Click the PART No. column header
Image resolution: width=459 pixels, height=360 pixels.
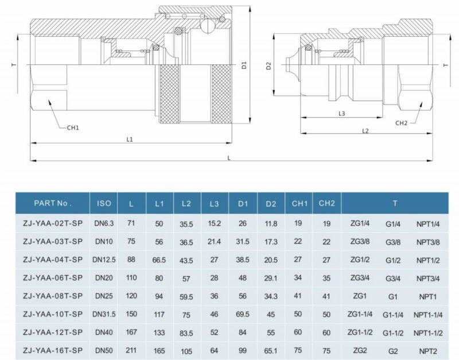[x=52, y=203]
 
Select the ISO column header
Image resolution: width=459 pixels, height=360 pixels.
[x=104, y=203]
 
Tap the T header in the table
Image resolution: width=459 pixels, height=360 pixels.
[x=395, y=203]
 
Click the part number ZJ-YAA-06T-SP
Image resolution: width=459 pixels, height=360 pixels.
[x=52, y=277]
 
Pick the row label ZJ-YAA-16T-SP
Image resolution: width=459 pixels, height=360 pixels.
[x=52, y=350]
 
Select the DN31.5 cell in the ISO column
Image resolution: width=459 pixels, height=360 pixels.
[x=104, y=313]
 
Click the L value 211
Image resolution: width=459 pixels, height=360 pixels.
[x=131, y=350]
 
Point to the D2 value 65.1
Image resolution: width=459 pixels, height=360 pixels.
[x=271, y=350]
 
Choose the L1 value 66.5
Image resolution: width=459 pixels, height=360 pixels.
[x=159, y=260]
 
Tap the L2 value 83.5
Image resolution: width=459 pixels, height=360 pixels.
[x=186, y=332]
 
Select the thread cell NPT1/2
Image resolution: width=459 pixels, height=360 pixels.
[x=427, y=260]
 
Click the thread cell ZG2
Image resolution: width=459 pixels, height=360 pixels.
[x=360, y=350]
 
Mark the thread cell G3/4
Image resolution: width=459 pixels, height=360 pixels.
[x=394, y=277]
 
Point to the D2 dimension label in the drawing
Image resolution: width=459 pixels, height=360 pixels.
[x=268, y=66]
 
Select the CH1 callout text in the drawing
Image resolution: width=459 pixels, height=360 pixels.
[x=73, y=127]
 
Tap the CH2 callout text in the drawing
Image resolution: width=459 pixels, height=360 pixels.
[x=401, y=123]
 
